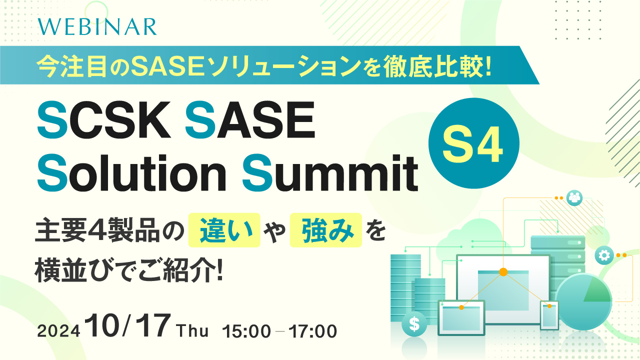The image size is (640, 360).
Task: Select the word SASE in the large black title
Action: coord(250,122)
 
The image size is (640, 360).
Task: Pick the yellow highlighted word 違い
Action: coord(224,230)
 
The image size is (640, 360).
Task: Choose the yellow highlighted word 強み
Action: coord(325,230)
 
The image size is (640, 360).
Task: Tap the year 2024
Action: coord(59,331)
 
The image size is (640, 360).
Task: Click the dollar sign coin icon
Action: coord(414,324)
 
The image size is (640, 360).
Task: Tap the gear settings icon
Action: coord(604,255)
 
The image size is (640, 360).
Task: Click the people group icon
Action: coord(574,197)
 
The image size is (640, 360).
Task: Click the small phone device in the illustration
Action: coord(549,315)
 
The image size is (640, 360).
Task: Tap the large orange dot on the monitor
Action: coord(503,272)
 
